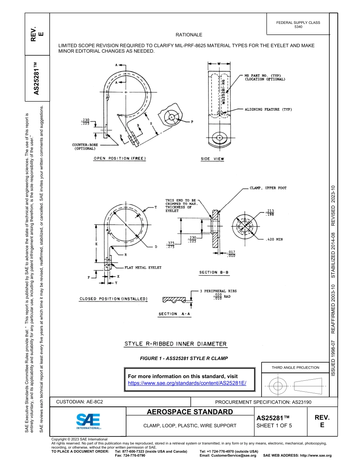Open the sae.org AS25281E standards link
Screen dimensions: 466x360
pyautogui.click(x=187, y=383)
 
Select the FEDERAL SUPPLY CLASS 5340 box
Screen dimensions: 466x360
pyautogui.click(x=298, y=25)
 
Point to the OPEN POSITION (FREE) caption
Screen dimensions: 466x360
pyautogui.click(x=120, y=158)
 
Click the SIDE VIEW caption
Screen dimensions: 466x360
pyautogui.click(x=212, y=160)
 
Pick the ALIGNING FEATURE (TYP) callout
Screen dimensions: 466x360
pyautogui.click(x=268, y=109)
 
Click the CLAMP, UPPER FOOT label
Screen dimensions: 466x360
pyautogui.click(x=268, y=188)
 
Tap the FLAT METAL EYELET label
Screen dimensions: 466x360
pyautogui.click(x=143, y=267)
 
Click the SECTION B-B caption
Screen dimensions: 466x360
pyautogui.click(x=214, y=272)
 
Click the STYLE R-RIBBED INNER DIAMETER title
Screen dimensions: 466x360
pyautogui.click(x=176, y=344)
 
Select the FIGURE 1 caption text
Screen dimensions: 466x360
pyautogui.click(x=184, y=358)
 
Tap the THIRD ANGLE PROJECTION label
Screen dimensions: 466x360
pyautogui.click(x=295, y=367)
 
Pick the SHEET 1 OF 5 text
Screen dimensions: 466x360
pyautogui.click(x=274, y=425)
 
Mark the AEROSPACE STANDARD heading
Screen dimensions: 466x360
pyautogui.click(x=189, y=412)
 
